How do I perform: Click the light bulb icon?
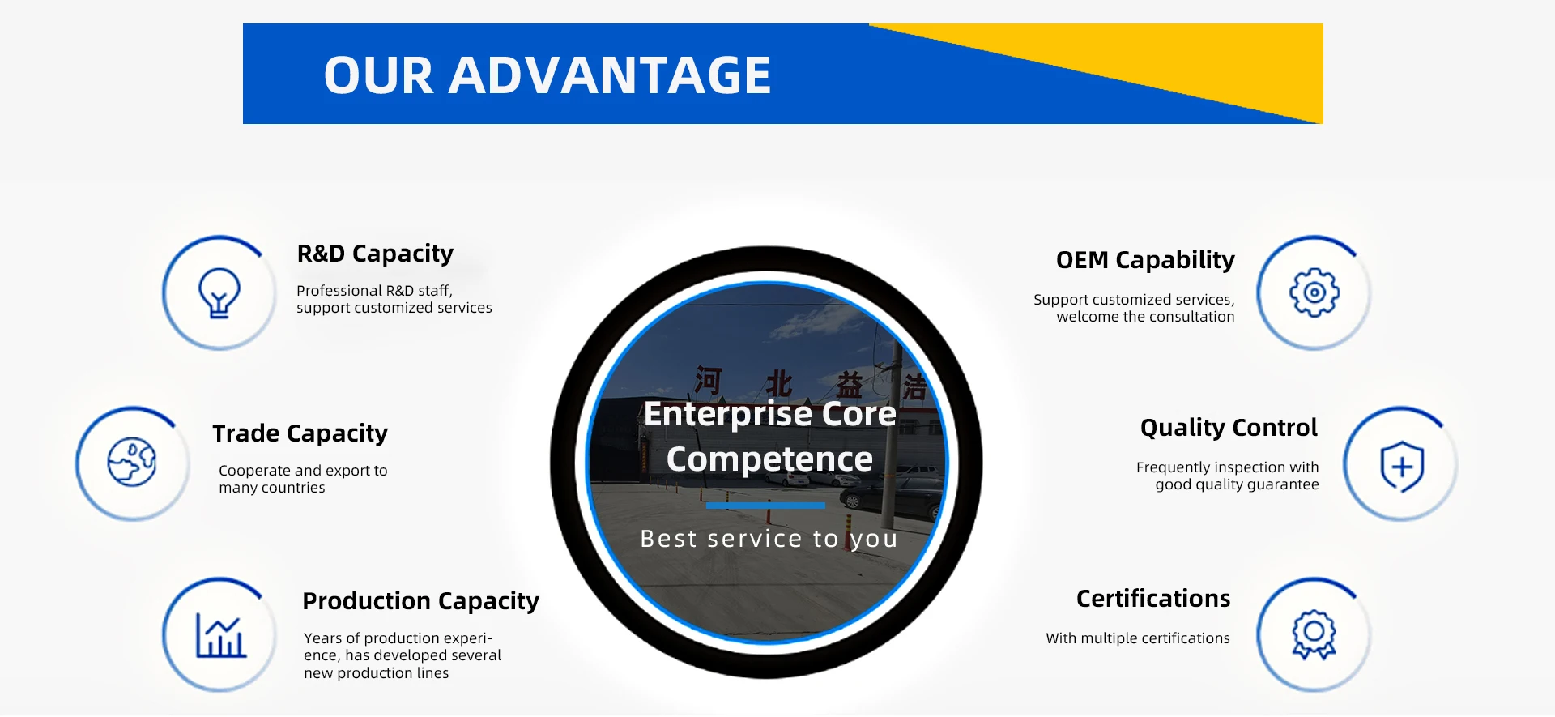(219, 292)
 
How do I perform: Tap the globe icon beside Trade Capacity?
(132, 462)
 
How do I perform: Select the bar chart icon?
(220, 635)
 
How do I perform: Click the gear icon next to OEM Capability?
(1314, 292)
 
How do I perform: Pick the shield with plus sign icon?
(1402, 467)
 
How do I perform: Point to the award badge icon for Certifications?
(1314, 634)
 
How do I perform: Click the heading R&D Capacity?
(375, 254)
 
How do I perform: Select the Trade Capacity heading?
(300, 433)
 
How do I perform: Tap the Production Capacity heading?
(420, 601)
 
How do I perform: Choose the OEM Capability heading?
(1145, 260)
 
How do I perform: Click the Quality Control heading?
(1229, 427)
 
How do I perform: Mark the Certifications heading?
(1153, 598)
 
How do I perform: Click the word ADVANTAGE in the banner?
(609, 75)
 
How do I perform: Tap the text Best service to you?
(769, 539)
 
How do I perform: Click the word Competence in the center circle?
(769, 459)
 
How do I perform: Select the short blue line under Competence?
(765, 506)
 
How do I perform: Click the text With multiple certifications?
(1138, 638)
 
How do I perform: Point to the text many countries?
(272, 488)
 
